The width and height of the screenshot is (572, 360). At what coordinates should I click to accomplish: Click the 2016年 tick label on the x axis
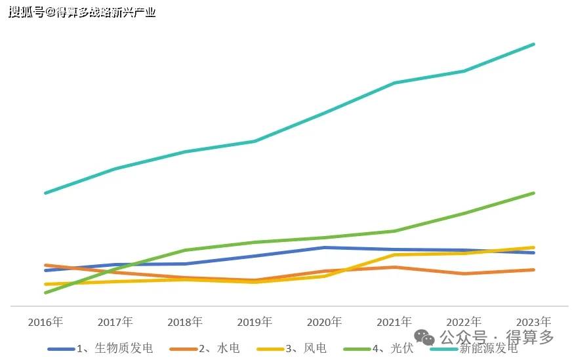pos(45,322)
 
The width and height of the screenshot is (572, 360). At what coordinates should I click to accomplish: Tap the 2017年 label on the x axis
pos(115,322)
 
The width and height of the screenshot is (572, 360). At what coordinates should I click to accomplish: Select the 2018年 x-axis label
pos(184,322)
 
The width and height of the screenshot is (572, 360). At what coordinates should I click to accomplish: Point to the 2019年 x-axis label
pos(254,322)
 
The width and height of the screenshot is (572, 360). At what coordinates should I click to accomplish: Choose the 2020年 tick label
pos(324,322)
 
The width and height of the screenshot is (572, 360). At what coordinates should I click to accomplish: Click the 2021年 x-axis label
pos(394,322)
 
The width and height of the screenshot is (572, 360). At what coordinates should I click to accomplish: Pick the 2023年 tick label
pos(533,322)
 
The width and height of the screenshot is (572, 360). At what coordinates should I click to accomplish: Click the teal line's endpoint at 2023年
pos(534,45)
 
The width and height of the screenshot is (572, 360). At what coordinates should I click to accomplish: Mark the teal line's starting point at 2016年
pos(45,193)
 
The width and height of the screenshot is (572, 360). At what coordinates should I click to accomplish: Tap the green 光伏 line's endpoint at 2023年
pos(534,193)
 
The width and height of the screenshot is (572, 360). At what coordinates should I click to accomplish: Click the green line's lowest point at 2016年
pos(45,292)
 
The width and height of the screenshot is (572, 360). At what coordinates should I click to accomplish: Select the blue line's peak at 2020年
pos(324,247)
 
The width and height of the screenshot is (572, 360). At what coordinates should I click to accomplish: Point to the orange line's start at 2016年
pos(45,265)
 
